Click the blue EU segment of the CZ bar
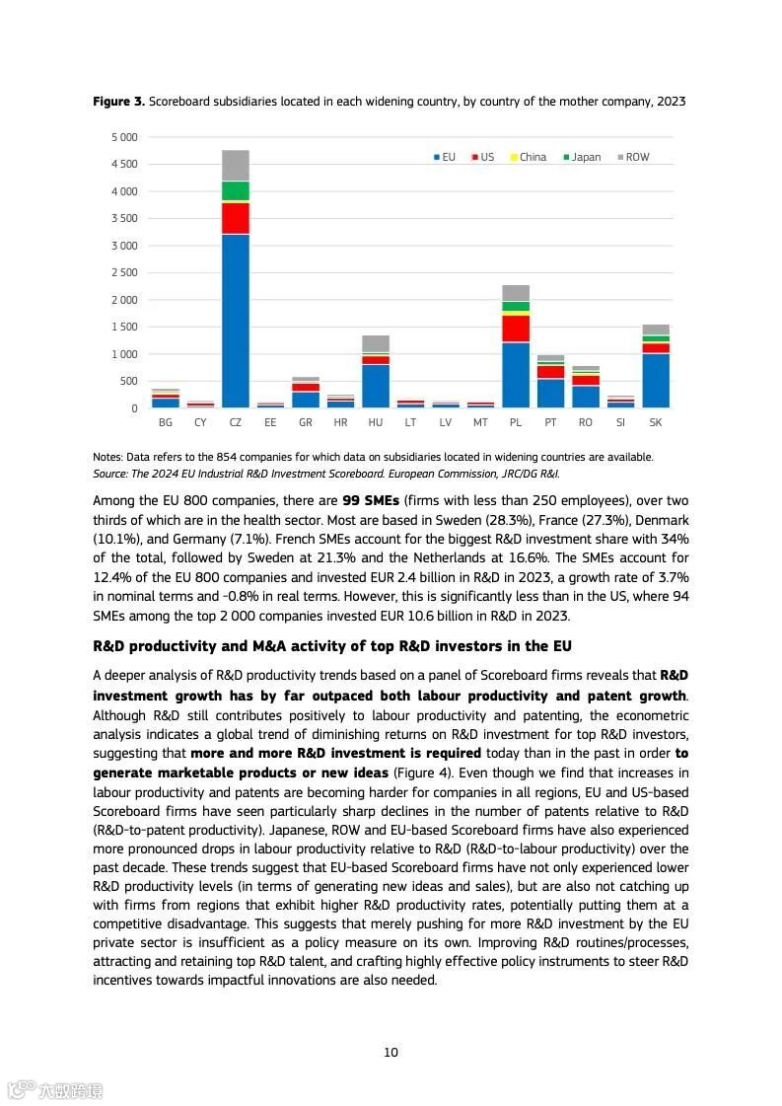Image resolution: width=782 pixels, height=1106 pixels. click(236, 321)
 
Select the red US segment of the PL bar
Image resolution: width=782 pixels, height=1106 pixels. click(516, 329)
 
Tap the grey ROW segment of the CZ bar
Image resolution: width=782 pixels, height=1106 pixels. click(236, 166)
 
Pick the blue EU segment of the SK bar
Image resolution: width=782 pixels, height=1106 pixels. click(656, 380)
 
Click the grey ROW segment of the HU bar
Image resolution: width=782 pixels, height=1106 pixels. click(376, 343)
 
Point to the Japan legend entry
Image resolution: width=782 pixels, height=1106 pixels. click(582, 157)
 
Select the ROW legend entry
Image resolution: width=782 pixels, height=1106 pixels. click(633, 157)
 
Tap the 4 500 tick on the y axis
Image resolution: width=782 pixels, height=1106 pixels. click(124, 164)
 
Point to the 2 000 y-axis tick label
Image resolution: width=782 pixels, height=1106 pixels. click(124, 300)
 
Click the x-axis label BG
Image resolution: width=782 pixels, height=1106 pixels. click(166, 422)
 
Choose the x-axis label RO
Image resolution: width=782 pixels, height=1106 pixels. click(586, 422)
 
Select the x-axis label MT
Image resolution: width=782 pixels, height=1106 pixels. click(480, 422)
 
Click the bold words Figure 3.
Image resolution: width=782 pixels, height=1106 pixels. click(119, 102)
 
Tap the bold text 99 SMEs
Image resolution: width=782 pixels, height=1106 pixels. click(371, 501)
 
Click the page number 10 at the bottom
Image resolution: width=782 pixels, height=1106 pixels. click(391, 1053)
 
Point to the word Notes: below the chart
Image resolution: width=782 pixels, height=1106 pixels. click(108, 457)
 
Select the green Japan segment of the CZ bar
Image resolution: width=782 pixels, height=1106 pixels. click(236, 191)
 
